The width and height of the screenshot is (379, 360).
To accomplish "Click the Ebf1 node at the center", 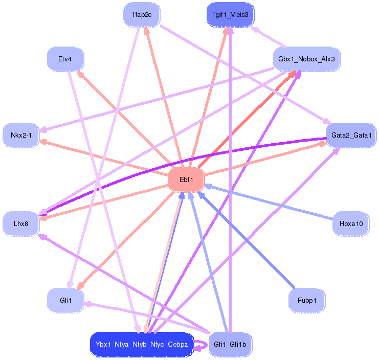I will [x=186, y=179].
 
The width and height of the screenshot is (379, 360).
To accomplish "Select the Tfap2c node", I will [x=142, y=14].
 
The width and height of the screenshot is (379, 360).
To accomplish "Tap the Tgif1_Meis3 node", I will [x=230, y=14].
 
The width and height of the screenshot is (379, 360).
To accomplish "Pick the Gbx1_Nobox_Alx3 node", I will [x=306, y=59].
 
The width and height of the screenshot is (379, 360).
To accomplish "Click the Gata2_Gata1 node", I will [x=351, y=135].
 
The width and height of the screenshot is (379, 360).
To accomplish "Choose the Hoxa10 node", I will [x=351, y=223].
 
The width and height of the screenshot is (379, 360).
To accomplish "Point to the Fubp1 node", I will [x=307, y=300].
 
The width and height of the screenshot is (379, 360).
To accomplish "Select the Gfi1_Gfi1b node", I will [x=230, y=345].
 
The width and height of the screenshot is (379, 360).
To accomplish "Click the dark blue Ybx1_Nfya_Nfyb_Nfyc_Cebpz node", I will [x=142, y=345].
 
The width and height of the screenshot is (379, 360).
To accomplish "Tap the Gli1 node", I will [x=65, y=300].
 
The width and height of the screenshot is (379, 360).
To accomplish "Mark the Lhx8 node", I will [x=21, y=223].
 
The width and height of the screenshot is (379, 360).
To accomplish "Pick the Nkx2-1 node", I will [x=21, y=135].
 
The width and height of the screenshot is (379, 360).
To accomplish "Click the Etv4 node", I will [x=65, y=59].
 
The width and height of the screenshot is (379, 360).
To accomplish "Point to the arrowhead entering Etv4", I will [x=80, y=74].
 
